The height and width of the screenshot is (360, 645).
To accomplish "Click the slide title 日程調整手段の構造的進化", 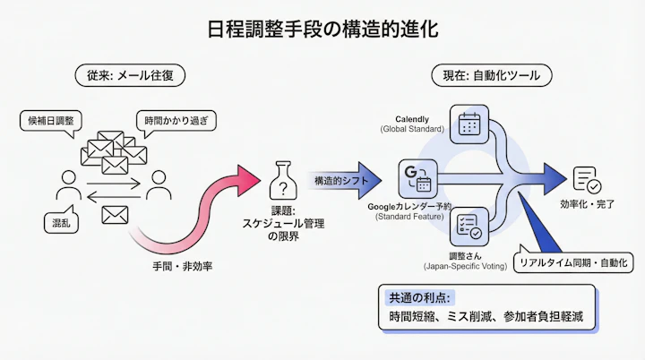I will tap(322, 30).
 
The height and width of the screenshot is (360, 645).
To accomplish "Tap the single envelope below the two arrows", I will tap(113, 215).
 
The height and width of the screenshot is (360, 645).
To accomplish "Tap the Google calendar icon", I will tap(417, 177).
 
